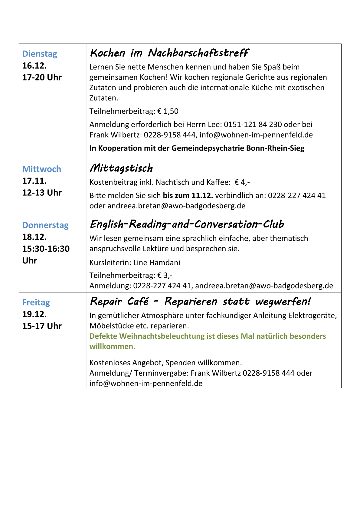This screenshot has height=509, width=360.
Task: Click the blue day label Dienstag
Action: (40, 54)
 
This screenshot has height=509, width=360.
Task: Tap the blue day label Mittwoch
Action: (42, 169)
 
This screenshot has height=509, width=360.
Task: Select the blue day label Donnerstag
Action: (45, 225)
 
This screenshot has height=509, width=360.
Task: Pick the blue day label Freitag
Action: (36, 302)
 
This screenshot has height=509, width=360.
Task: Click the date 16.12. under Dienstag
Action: (34, 66)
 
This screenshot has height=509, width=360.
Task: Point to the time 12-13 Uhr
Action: (42, 193)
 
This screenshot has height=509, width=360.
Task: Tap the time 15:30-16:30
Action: (46, 249)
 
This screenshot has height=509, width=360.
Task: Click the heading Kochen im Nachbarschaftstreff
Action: (169, 53)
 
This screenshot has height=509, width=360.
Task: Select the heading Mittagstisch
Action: (121, 168)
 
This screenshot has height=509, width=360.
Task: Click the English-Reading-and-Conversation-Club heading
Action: (187, 224)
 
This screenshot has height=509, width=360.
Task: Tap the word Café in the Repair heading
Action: (138, 302)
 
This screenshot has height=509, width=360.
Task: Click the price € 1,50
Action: (168, 111)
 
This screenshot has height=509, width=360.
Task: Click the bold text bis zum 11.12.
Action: (188, 196)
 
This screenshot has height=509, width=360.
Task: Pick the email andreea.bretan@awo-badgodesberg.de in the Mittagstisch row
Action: (176, 206)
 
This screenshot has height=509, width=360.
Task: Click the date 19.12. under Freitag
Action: (34, 314)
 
